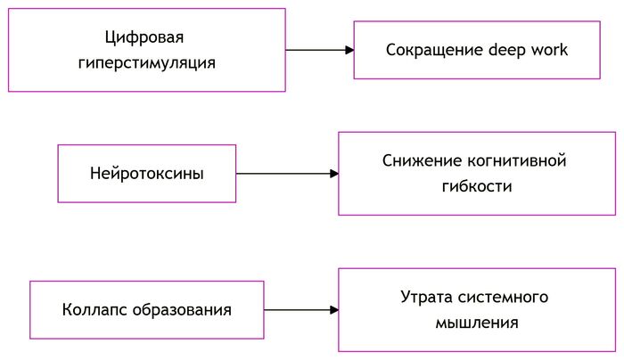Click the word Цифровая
click(147, 38)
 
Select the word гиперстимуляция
click(147, 64)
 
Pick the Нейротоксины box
click(147, 174)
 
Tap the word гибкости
click(477, 187)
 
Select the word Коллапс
click(95, 310)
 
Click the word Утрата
click(424, 297)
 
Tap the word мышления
click(477, 323)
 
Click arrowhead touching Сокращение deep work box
click(349, 50)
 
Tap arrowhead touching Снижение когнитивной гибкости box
click(334, 174)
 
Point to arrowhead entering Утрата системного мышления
click(334, 310)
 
